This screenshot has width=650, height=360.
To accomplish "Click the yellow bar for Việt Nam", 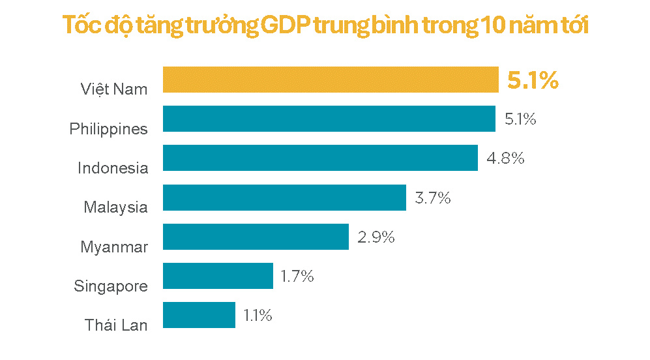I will coord(330,80).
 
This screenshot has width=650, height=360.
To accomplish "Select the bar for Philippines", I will coord(329,119).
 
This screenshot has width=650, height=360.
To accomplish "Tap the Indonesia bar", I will coord(319,158).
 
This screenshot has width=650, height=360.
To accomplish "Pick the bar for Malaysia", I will coord(284,198).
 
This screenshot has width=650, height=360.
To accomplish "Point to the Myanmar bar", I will coord(256,237).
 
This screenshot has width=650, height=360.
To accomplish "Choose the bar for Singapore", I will coord(218,276).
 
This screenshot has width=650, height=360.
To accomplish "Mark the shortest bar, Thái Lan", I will coord(199,315).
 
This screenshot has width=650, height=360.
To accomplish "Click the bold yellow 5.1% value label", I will coord(533,80).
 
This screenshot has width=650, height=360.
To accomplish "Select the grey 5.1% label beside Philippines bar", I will coord(520,119).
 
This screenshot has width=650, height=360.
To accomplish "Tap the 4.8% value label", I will coord(505,158).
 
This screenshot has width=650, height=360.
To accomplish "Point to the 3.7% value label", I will coord(433,198).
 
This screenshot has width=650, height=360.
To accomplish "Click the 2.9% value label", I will coord(376,237).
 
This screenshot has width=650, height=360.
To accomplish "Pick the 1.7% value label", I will coord(297,277).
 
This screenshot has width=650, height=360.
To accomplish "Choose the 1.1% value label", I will coord(258,316).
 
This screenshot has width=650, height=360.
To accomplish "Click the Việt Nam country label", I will coord(114,89).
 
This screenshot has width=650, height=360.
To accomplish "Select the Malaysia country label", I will coord(115,207).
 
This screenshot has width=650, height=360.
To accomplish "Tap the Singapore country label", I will coord(111,286).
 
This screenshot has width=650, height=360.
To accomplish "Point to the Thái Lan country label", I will coord(116,325).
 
